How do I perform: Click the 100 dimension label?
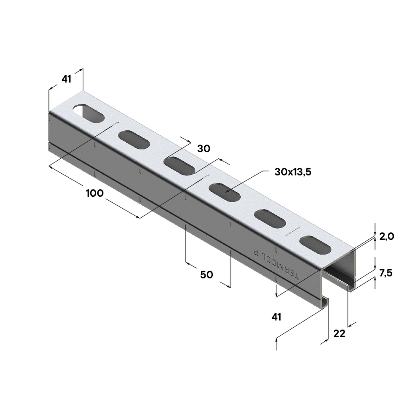point(95,193)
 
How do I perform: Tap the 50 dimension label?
point(207,275)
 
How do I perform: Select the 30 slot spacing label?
point(204,149)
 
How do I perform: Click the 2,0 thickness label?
point(386,237)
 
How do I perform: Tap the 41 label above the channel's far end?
point(66,79)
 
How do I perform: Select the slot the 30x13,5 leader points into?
point(226,192)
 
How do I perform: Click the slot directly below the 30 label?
point(180,166)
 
